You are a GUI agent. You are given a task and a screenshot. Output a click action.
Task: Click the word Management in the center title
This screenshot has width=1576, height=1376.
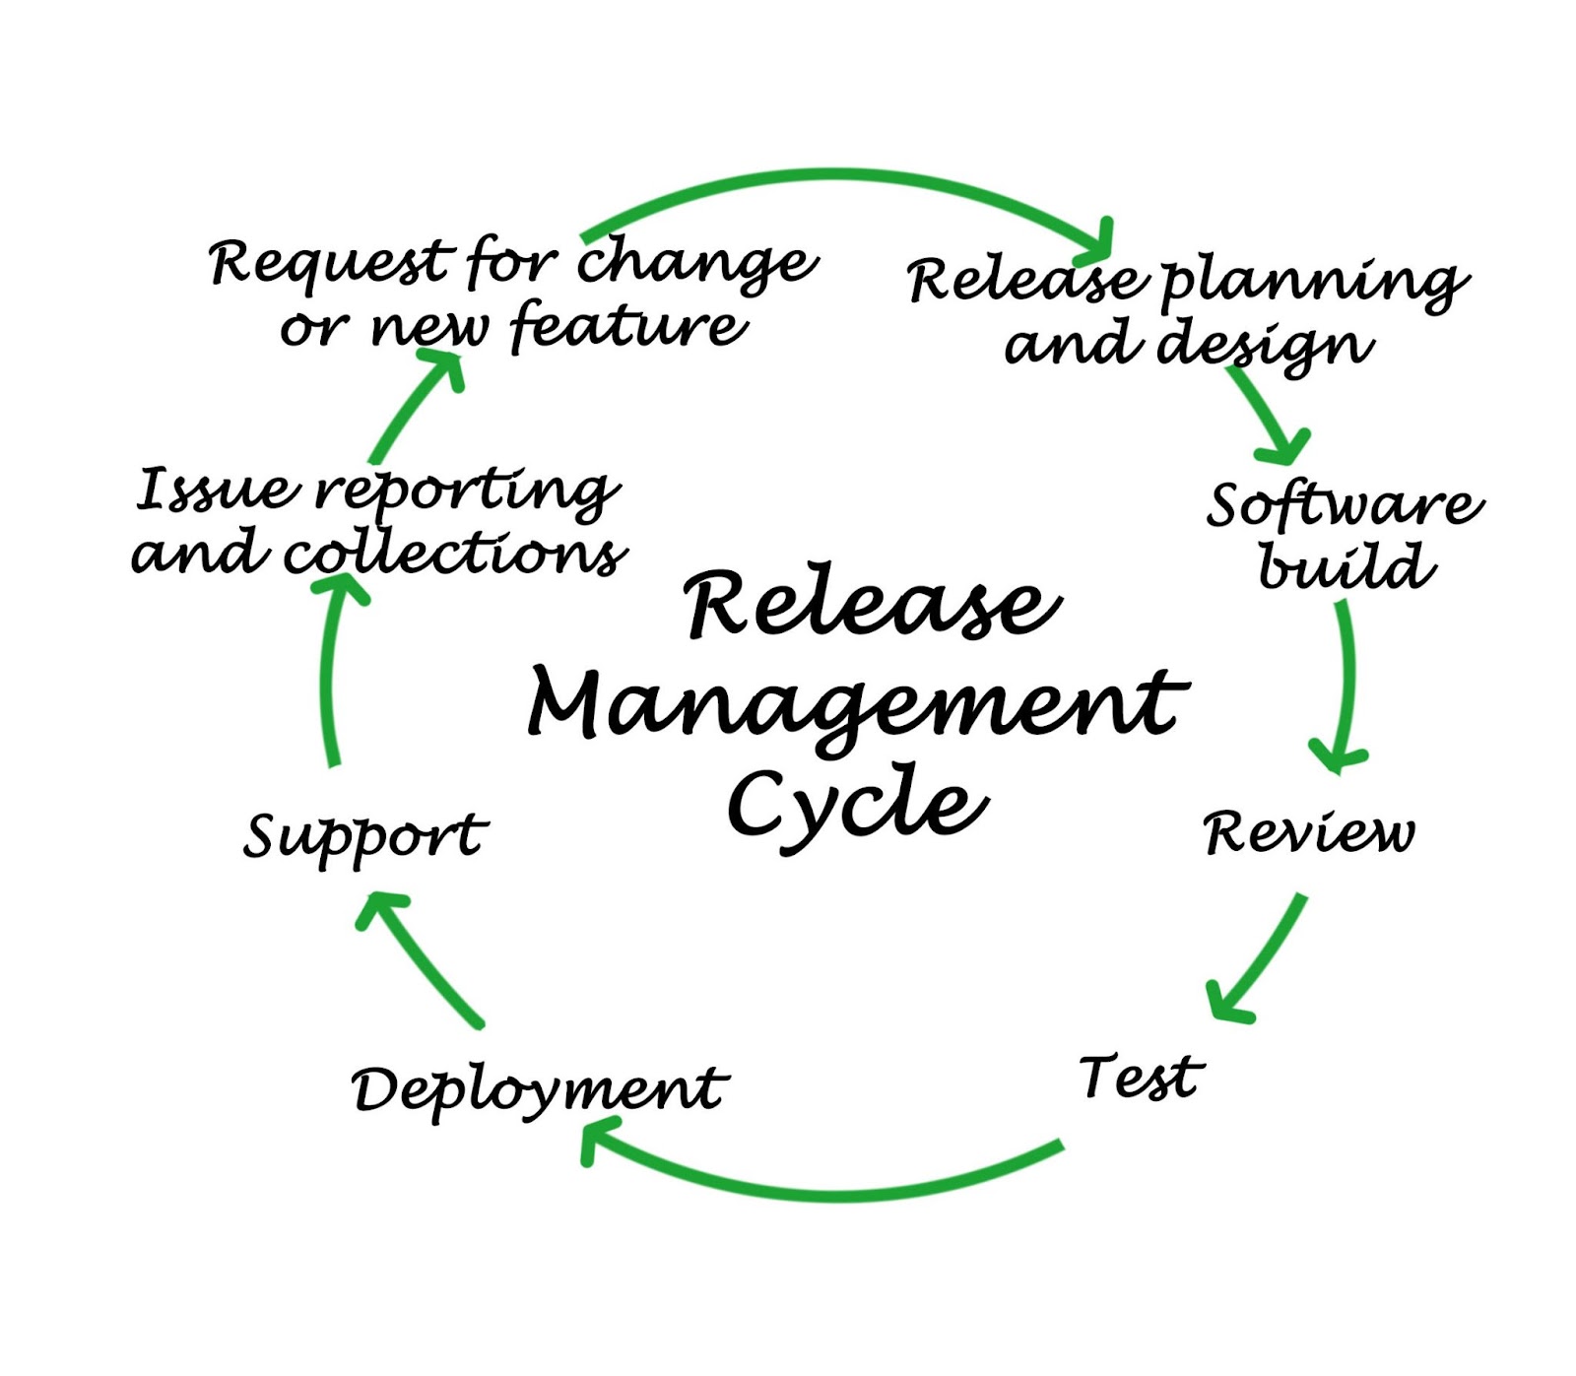(x=857, y=704)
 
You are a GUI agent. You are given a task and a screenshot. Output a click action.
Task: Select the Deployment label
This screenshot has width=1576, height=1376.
(x=539, y=1089)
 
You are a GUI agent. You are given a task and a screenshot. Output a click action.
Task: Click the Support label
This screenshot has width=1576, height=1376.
(x=364, y=836)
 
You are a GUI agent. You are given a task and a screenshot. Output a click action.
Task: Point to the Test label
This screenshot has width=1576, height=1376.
(x=1141, y=1076)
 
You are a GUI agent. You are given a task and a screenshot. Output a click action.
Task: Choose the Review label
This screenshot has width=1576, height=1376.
(x=1308, y=832)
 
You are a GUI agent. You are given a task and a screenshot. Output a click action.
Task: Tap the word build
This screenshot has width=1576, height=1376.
(x=1346, y=566)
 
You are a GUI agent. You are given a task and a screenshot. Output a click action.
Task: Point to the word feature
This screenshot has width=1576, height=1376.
(x=628, y=326)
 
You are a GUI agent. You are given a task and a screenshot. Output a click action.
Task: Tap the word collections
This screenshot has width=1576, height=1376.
(x=454, y=554)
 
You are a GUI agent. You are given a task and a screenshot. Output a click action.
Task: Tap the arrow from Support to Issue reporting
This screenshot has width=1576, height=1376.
(x=330, y=670)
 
